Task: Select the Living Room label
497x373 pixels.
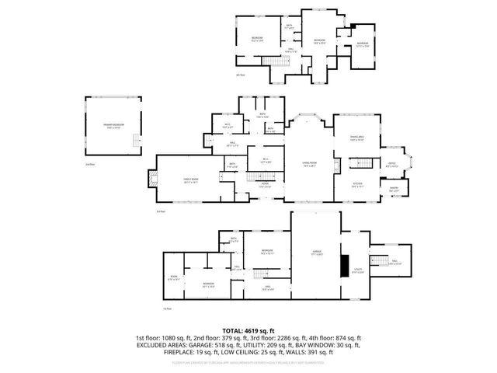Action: click(310, 163)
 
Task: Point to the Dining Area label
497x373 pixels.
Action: click(356, 139)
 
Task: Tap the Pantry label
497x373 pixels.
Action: click(394, 189)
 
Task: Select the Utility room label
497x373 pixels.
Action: click(358, 270)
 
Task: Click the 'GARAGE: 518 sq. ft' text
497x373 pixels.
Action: click(224, 346)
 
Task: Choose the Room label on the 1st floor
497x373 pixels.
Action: click(173, 277)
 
